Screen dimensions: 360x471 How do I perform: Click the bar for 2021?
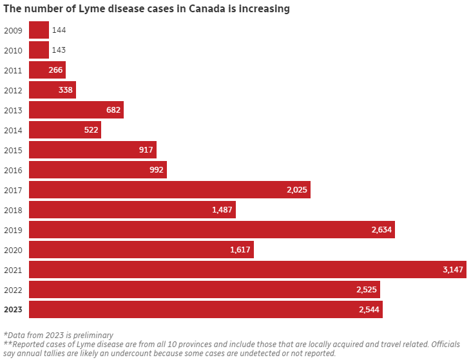[x=247, y=269]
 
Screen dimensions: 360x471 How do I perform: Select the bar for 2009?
[x=39, y=30]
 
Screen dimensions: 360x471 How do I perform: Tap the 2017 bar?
[x=169, y=189]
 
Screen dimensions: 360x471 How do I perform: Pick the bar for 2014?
[x=64, y=130]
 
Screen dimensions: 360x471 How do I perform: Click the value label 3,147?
[x=453, y=269]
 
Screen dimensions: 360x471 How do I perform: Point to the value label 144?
[x=59, y=30]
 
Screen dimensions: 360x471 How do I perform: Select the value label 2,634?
[x=381, y=230]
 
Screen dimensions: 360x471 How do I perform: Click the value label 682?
[x=113, y=110]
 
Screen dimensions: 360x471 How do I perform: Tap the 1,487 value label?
[x=222, y=210]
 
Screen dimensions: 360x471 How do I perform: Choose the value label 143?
[x=59, y=50]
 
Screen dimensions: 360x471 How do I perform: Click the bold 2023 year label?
[x=13, y=310]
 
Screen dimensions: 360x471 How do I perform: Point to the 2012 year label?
[x=13, y=90]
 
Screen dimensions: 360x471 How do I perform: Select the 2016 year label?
[x=13, y=170]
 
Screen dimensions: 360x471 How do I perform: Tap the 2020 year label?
[x=13, y=250]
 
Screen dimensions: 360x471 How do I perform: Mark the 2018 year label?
[x=13, y=210]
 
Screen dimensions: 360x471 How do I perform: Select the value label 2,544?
[x=369, y=310]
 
